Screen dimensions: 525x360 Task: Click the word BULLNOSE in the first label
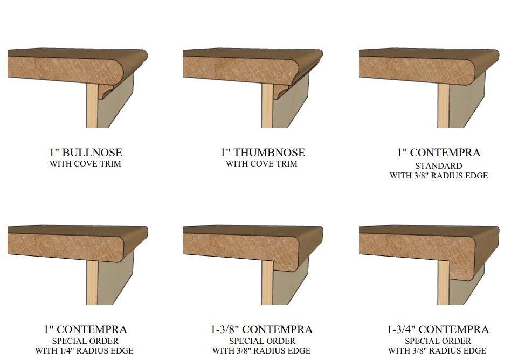tap(92, 153)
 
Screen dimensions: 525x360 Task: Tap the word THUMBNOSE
tap(269, 153)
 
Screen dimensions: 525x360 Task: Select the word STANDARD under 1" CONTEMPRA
tap(439, 166)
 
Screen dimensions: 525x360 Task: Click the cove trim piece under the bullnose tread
tap(107, 91)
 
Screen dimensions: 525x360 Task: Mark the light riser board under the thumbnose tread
tap(267, 105)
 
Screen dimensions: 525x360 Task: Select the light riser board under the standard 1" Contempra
tap(443, 105)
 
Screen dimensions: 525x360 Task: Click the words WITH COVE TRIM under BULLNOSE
tap(85, 164)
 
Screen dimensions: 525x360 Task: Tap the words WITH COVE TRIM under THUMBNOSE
tap(261, 164)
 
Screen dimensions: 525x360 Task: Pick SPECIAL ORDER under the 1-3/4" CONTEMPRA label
tap(438, 341)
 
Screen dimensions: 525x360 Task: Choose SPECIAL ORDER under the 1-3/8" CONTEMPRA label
tap(262, 341)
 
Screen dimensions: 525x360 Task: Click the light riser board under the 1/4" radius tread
tap(92, 282)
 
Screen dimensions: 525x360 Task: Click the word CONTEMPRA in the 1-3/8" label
tap(277, 329)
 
